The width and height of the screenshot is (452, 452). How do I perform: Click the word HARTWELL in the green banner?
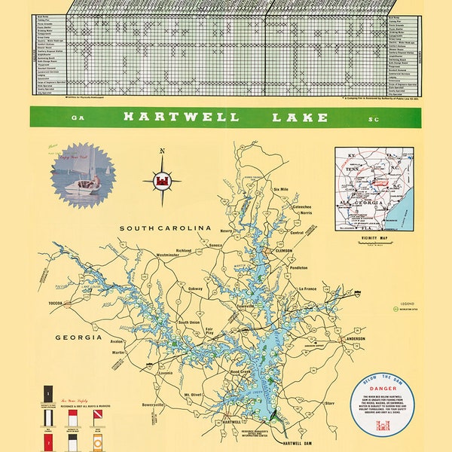[181, 118]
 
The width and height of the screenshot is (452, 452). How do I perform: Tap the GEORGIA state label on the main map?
[78, 337]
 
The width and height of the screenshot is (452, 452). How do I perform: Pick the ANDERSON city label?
[356, 339]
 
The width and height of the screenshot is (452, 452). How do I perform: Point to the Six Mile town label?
[281, 189]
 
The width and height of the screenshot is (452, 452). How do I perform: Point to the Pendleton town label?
[298, 267]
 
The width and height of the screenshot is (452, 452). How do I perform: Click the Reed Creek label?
[241, 371]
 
